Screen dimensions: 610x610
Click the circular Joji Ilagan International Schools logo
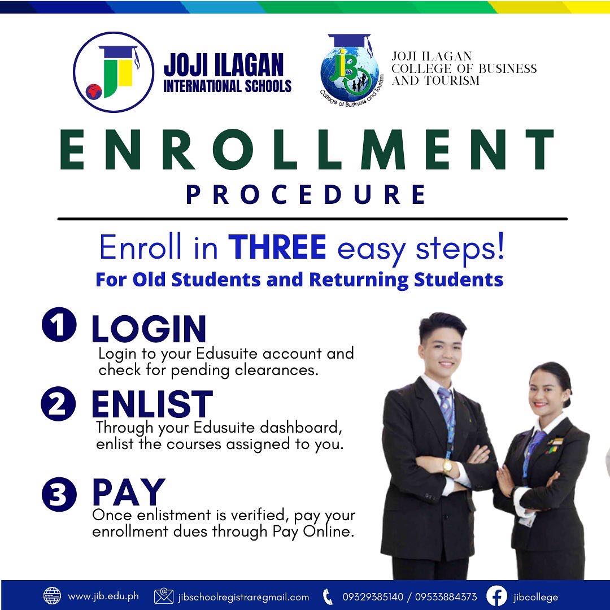coord(114,72)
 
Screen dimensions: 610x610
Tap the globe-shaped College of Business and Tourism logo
coord(350,71)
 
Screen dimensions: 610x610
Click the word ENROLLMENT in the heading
coord(307,149)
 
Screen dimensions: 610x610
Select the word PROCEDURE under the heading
coord(306,194)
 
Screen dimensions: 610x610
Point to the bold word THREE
coord(277,247)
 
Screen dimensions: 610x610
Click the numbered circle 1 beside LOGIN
coord(59,324)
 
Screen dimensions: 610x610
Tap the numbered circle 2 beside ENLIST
coord(58,404)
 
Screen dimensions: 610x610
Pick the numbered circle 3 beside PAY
coord(59,494)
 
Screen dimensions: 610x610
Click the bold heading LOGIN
coord(149,329)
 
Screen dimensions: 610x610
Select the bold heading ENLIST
coord(152,404)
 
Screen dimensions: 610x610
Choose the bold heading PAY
coord(129,492)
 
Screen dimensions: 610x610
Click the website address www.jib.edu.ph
coord(103,596)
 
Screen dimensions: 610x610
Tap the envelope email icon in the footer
coord(164,596)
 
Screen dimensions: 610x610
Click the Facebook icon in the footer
coord(497,596)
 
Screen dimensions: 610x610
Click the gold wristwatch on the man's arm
coord(447,465)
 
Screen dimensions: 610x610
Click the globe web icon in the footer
coord(52,596)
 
